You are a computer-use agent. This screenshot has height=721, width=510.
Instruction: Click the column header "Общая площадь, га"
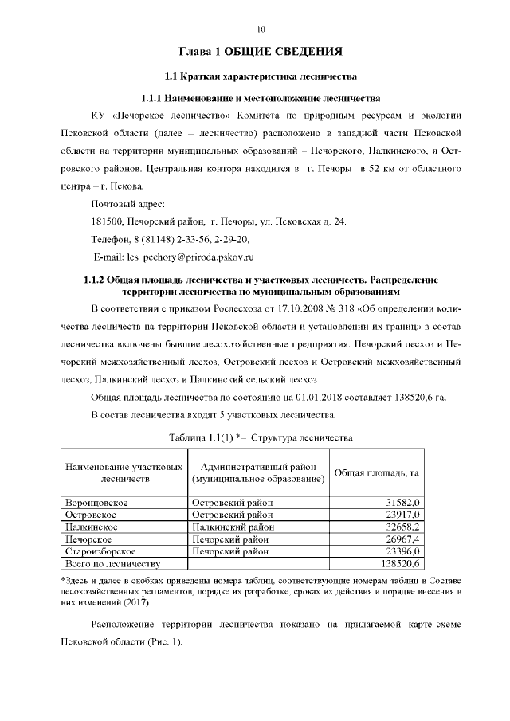click(x=375, y=473)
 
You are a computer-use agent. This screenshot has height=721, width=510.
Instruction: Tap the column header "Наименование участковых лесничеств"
click(x=124, y=473)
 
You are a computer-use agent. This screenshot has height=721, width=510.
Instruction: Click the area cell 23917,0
click(x=402, y=515)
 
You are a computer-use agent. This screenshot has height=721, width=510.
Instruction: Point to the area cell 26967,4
click(x=402, y=539)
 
